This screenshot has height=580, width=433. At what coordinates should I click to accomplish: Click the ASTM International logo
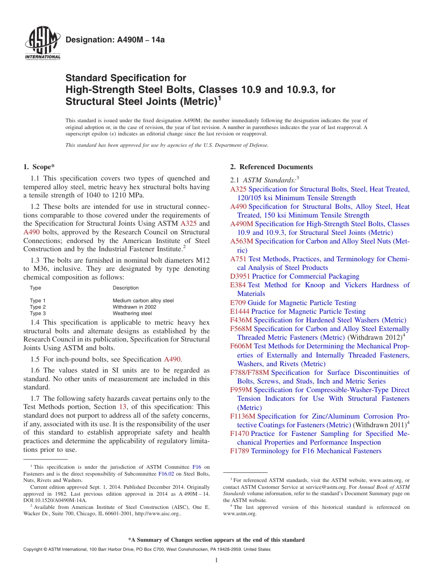(x=42, y=44)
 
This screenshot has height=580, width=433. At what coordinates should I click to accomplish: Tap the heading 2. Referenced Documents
(x=272, y=167)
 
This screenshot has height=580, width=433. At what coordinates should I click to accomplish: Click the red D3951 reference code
(x=240, y=276)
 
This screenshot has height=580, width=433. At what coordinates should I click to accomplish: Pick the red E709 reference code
(x=238, y=303)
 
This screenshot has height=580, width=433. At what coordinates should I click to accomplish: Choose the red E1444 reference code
(x=240, y=311)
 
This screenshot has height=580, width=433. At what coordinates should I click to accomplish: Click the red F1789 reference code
(x=240, y=451)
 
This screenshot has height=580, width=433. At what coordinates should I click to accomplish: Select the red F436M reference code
(x=241, y=320)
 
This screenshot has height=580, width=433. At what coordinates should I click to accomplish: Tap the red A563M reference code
(x=241, y=241)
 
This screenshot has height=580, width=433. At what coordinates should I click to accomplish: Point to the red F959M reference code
(x=241, y=390)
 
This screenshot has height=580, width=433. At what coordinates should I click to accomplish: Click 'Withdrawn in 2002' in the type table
(x=134, y=307)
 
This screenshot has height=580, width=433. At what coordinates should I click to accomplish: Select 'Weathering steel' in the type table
(x=132, y=313)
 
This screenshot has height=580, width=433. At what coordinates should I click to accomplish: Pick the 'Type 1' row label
(x=38, y=300)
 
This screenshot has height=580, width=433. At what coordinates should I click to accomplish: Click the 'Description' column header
(x=126, y=288)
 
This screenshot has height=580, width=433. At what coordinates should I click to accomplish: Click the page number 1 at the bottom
(x=216, y=560)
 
